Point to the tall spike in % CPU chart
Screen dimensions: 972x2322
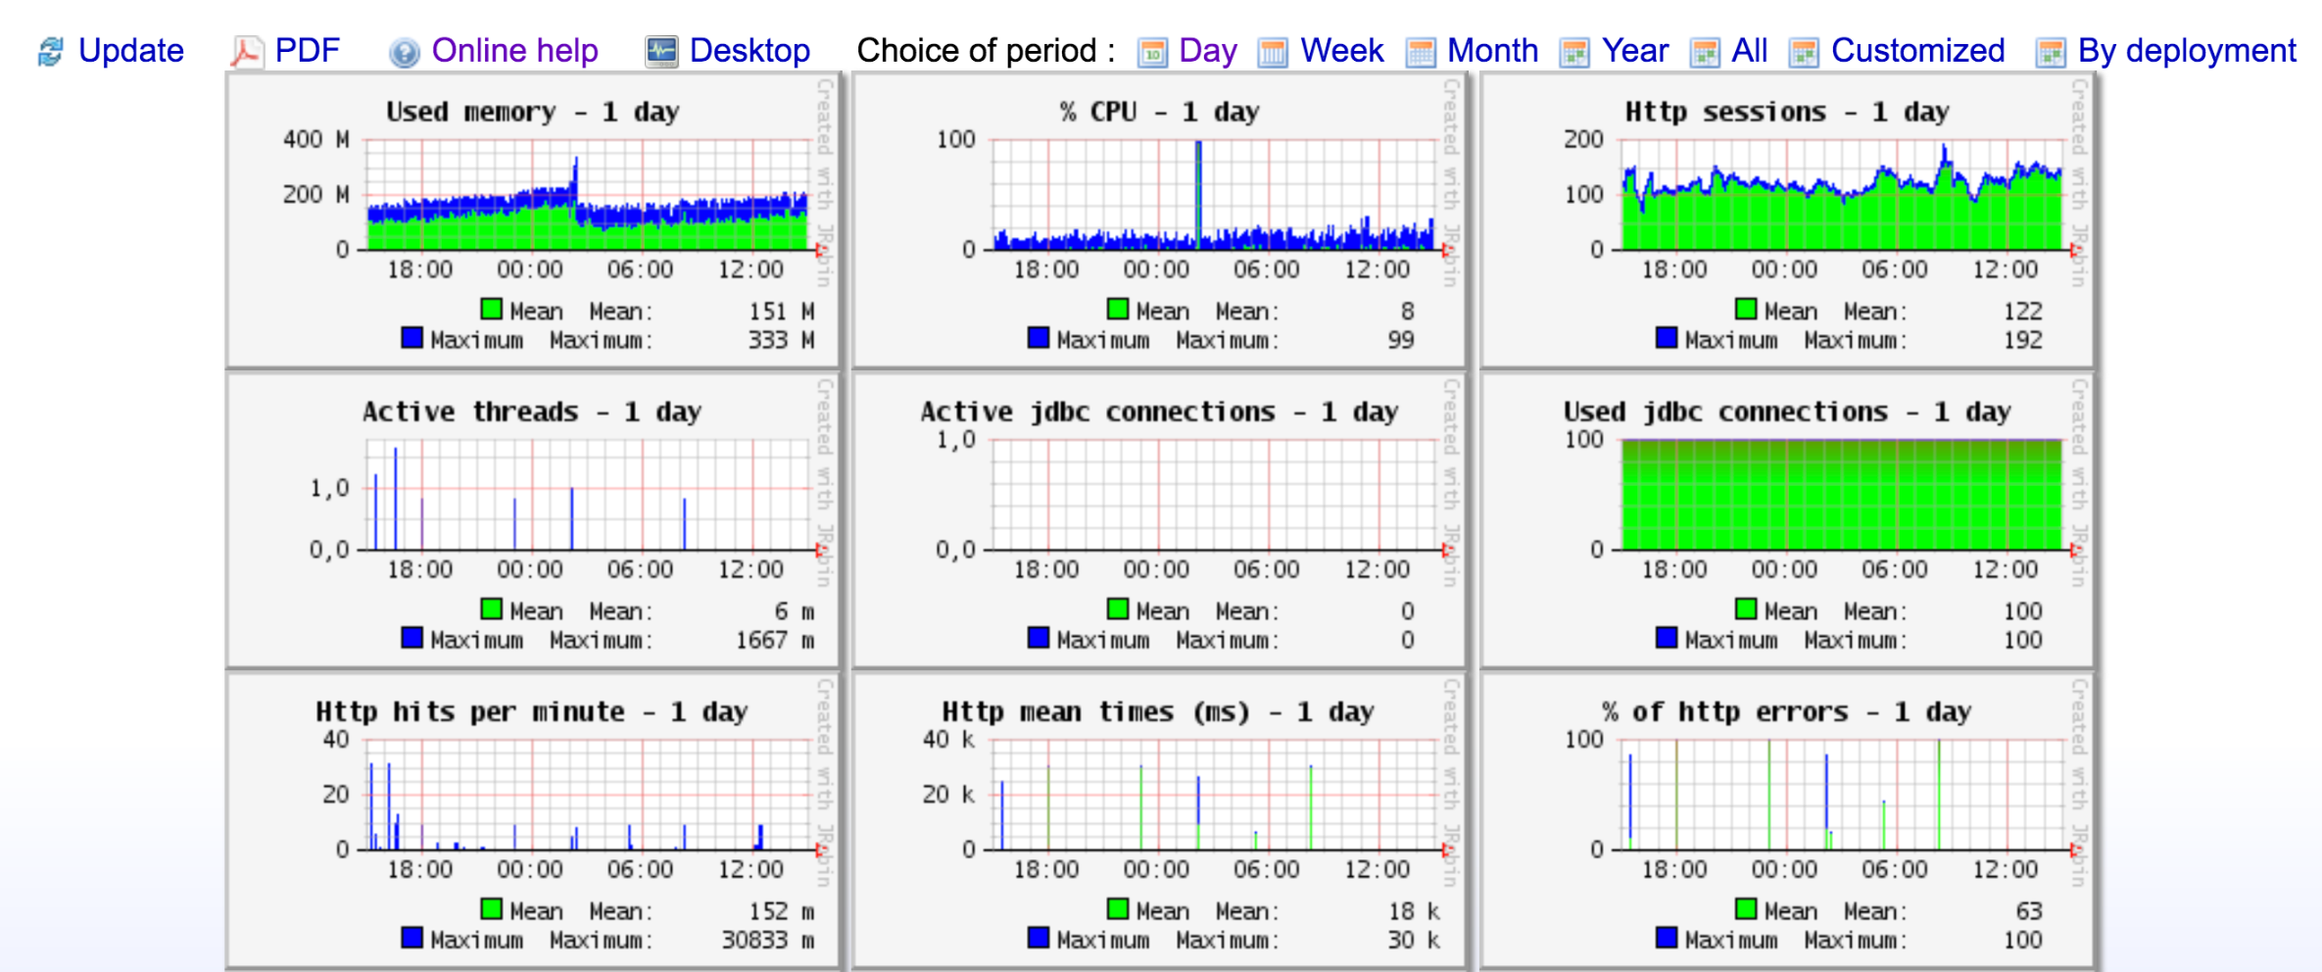pyautogui.click(x=1198, y=186)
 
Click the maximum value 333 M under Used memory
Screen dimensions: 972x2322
pyautogui.click(x=781, y=340)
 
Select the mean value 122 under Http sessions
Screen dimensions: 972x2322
pyautogui.click(x=2022, y=312)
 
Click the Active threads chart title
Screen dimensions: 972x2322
pyautogui.click(x=532, y=412)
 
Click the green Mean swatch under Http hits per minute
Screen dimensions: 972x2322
pyautogui.click(x=492, y=909)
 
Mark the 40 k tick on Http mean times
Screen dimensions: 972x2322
pyautogui.click(x=948, y=740)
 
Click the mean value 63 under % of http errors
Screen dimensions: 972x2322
pyautogui.click(x=2028, y=911)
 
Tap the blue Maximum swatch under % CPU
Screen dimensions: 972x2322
pyautogui.click(x=1039, y=338)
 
